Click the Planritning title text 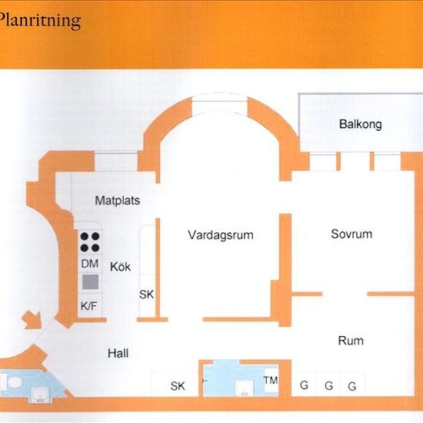40,21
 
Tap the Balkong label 361,124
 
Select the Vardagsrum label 221,235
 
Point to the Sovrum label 351,234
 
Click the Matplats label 118,201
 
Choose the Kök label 120,267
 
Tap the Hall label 118,353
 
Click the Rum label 351,341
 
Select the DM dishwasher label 90,264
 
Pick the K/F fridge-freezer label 88,306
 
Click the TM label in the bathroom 271,381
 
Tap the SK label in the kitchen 146,295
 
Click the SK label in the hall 178,386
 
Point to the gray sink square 91,282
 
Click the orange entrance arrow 33,320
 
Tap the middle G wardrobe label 328,386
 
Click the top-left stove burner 85,237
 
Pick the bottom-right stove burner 95,248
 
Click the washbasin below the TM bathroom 245,388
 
